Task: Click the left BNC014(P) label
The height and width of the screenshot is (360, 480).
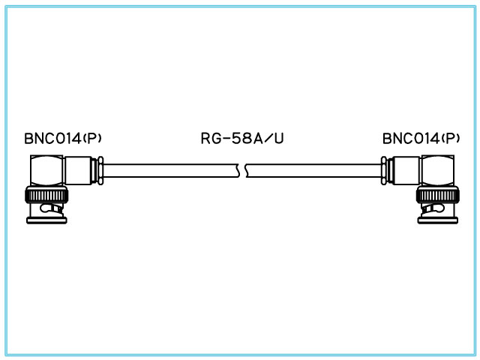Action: (x=62, y=139)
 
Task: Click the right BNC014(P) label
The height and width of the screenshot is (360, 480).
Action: (x=421, y=139)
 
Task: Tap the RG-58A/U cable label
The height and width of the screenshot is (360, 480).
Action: (x=242, y=139)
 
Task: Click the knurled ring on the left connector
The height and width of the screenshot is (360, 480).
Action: (x=48, y=197)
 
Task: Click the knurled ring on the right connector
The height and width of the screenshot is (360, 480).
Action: (x=436, y=197)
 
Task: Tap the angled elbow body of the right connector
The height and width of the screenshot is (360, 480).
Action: (x=438, y=170)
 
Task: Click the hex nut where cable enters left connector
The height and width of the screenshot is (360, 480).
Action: (x=98, y=170)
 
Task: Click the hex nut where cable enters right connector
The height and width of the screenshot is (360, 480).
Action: (x=385, y=170)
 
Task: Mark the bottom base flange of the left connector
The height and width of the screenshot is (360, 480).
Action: (x=48, y=220)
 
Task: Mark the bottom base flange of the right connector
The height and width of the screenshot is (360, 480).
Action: (x=436, y=220)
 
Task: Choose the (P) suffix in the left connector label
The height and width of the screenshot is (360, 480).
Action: (x=92, y=138)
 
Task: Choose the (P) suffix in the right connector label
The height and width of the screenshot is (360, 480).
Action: (x=451, y=138)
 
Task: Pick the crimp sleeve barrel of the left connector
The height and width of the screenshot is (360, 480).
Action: (x=79, y=170)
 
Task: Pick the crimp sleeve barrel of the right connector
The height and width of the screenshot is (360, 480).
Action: (x=405, y=170)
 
